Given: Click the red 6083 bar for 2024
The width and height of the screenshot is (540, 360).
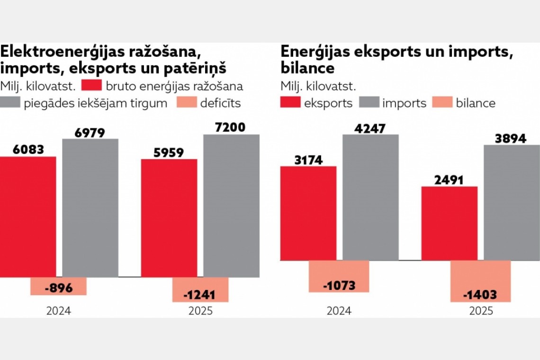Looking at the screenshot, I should pyautogui.click(x=28, y=216).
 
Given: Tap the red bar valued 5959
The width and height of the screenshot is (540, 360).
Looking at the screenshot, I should pyautogui.click(x=169, y=217).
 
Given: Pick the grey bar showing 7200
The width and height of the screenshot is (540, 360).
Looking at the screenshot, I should pyautogui.click(x=231, y=206).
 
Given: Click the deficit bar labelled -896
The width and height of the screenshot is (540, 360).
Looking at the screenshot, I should pyautogui.click(x=58, y=286).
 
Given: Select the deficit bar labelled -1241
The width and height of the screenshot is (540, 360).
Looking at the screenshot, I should pyautogui.click(x=200, y=289).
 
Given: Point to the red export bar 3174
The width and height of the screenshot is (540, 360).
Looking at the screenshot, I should pyautogui.click(x=308, y=213).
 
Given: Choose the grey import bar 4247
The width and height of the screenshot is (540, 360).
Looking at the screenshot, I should pyautogui.click(x=370, y=197).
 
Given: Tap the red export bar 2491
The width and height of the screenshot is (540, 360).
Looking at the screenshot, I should pyautogui.click(x=450, y=223).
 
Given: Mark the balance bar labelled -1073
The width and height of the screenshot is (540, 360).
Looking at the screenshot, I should pyautogui.click(x=339, y=276).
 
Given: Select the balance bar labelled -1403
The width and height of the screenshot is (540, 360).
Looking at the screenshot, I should pyautogui.click(x=480, y=281).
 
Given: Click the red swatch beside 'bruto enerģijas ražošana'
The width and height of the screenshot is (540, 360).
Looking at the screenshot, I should pyautogui.click(x=91, y=86).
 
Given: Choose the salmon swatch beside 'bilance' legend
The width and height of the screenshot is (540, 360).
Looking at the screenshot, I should pyautogui.click(x=442, y=103).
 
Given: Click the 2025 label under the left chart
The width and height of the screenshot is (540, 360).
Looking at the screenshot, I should pyautogui.click(x=200, y=311).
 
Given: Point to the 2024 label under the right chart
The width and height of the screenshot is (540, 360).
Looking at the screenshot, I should pyautogui.click(x=339, y=311).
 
